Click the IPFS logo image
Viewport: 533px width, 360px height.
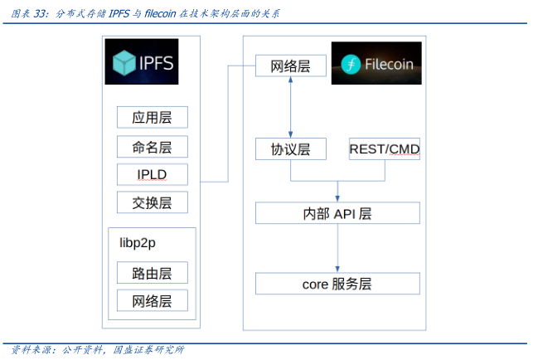(x=142, y=62)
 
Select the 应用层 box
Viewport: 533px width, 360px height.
(x=152, y=117)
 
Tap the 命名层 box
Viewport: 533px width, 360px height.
(x=152, y=147)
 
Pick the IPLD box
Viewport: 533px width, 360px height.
(x=152, y=174)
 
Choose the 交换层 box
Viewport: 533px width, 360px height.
(x=152, y=202)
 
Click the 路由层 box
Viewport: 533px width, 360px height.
(x=152, y=272)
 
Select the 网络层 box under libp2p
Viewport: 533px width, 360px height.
(x=152, y=300)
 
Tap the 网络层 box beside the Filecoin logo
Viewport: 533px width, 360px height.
(x=290, y=66)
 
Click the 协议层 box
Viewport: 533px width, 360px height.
(x=290, y=149)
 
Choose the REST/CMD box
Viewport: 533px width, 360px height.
(x=385, y=149)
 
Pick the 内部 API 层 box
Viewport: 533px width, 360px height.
(x=337, y=213)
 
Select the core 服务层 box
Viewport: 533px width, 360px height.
(x=337, y=284)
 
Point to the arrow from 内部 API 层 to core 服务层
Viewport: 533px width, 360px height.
(x=337, y=248)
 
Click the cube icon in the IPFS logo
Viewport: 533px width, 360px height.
(x=124, y=63)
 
